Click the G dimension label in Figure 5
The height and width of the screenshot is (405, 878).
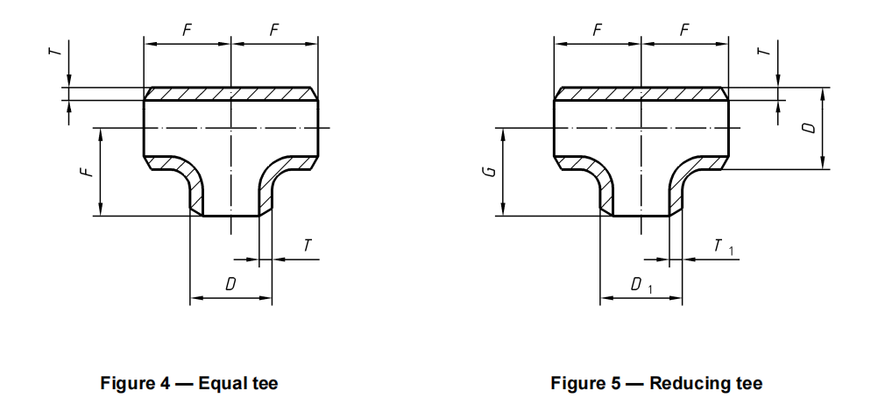pyautogui.click(x=492, y=169)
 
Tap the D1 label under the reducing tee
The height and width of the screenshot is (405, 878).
pyautogui.click(x=641, y=286)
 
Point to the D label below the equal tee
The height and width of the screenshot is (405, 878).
pyautogui.click(x=230, y=285)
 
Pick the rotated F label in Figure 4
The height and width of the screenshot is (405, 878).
pyautogui.click(x=85, y=172)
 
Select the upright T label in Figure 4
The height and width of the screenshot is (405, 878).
pyautogui.click(x=307, y=247)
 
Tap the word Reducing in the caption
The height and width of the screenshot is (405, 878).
pyautogui.click(x=685, y=383)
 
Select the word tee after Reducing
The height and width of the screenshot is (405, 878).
pyautogui.click(x=747, y=383)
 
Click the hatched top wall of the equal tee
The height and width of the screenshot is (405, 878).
pyautogui.click(x=230, y=93)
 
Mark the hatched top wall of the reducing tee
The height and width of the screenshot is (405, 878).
pyautogui.click(x=641, y=93)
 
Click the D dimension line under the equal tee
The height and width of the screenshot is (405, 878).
pyautogui.click(x=230, y=299)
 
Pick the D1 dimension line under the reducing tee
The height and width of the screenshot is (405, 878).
pyautogui.click(x=641, y=299)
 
